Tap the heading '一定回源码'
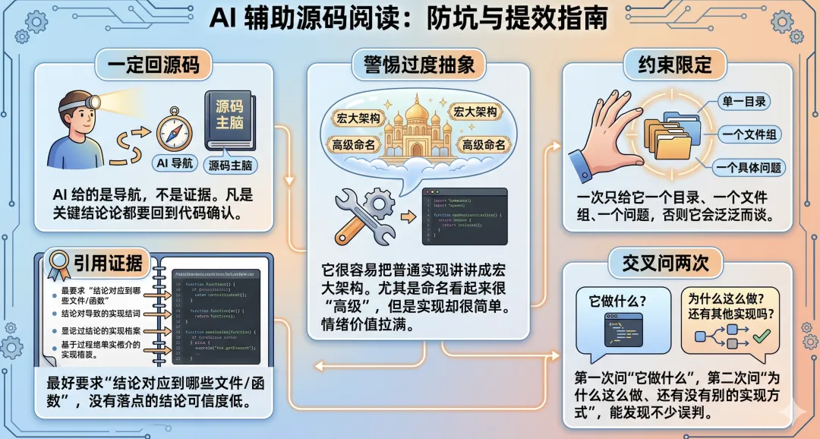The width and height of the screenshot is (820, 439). pos(153,65)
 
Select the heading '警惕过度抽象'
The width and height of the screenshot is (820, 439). pos(413,65)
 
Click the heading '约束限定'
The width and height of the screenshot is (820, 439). pos(668,65)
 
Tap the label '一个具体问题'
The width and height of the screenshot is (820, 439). pos(747,167)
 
